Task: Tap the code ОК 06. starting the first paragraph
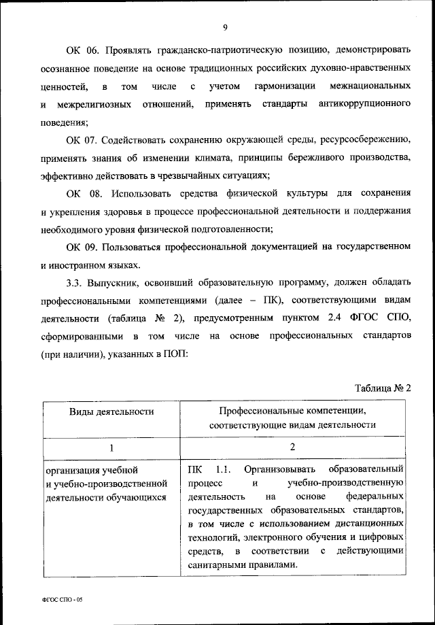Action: pyautogui.click(x=82, y=52)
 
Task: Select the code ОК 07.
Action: pyautogui.click(x=82, y=141)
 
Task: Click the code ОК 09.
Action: pyautogui.click(x=82, y=248)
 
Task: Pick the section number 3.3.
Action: pyautogui.click(x=75, y=283)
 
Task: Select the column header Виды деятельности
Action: pyautogui.click(x=111, y=411)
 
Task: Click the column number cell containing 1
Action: pyautogui.click(x=111, y=447)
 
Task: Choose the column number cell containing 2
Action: pyautogui.click(x=292, y=447)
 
